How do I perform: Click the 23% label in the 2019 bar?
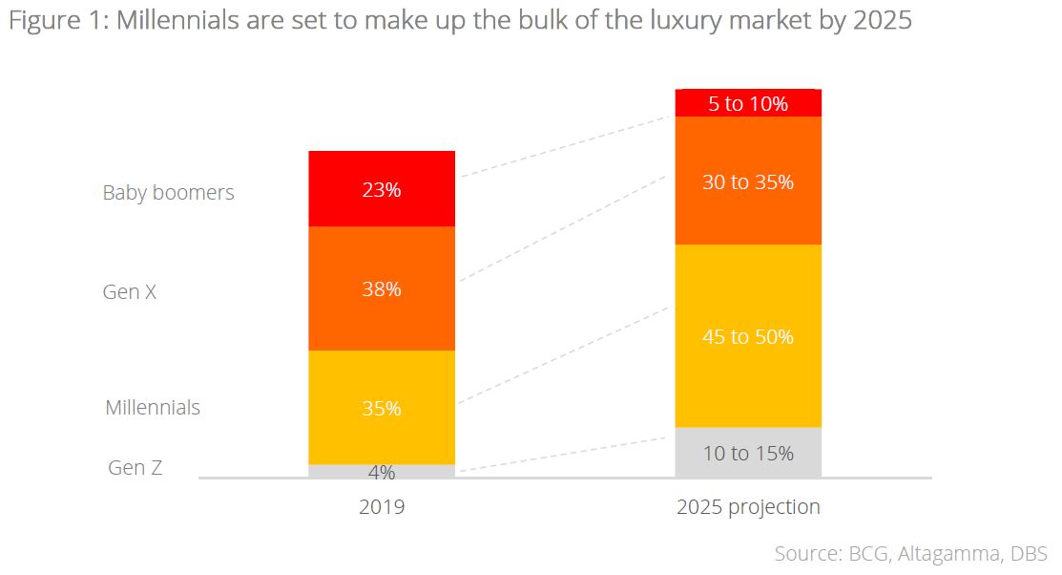382,190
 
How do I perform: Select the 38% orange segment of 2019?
382,289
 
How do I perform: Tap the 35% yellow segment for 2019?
382,408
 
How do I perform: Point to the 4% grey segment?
382,471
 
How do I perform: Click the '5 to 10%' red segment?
748,103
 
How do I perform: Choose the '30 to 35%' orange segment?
748,181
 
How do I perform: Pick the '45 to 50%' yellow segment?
748,336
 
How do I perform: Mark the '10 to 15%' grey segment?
748,453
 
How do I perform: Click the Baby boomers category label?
168,192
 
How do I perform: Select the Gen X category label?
129,291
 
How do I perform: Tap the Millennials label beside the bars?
153,407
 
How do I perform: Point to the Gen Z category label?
135,467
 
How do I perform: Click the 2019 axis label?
382,506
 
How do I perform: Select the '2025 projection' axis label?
748,506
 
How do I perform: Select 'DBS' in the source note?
1029,553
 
